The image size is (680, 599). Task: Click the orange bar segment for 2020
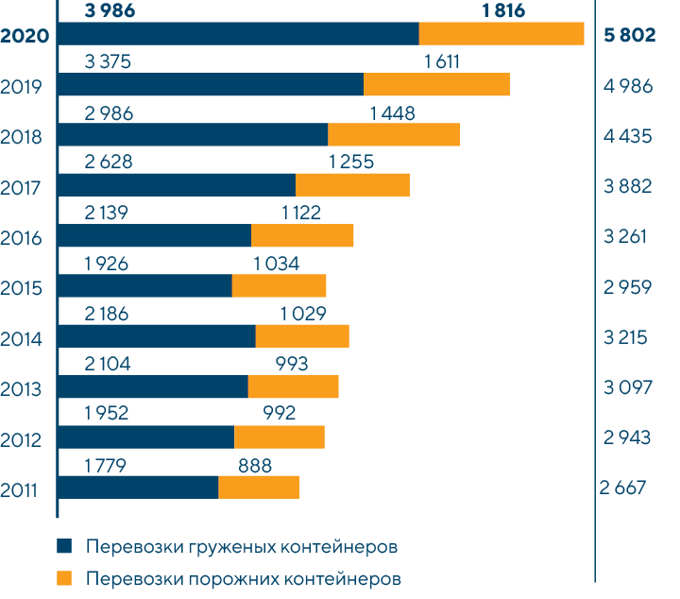(501, 34)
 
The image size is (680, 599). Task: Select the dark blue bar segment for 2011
(138, 487)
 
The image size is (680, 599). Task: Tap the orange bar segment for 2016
(302, 235)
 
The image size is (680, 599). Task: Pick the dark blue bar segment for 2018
(193, 134)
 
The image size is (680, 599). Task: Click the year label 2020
(25, 37)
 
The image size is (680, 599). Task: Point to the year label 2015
(21, 288)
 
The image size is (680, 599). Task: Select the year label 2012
(21, 439)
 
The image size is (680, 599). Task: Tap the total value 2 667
(623, 488)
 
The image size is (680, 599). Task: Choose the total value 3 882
(627, 187)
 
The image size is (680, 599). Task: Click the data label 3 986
(110, 11)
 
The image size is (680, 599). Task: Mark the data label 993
(292, 363)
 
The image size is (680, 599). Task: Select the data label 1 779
(105, 464)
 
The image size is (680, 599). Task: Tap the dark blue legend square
(64, 548)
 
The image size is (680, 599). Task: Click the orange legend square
(64, 577)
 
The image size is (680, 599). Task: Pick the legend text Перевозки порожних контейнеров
(244, 577)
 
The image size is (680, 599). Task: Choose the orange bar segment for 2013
(293, 386)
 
